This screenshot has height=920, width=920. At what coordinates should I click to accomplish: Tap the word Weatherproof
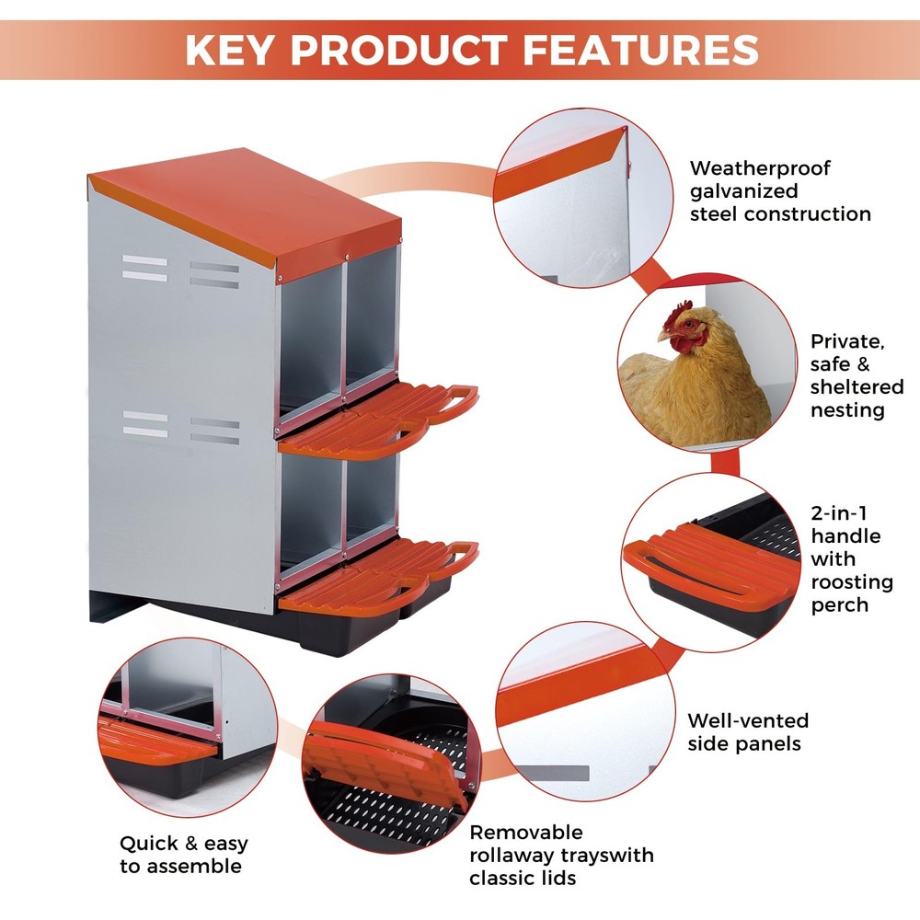pyautogui.click(x=760, y=168)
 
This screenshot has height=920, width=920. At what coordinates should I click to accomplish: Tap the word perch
pyautogui.click(x=839, y=605)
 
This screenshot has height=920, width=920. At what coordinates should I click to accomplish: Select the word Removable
pyautogui.click(x=526, y=833)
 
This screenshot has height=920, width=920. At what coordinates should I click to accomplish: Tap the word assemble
pyautogui.click(x=195, y=867)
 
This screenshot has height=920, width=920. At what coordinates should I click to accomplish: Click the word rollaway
pyautogui.click(x=515, y=856)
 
